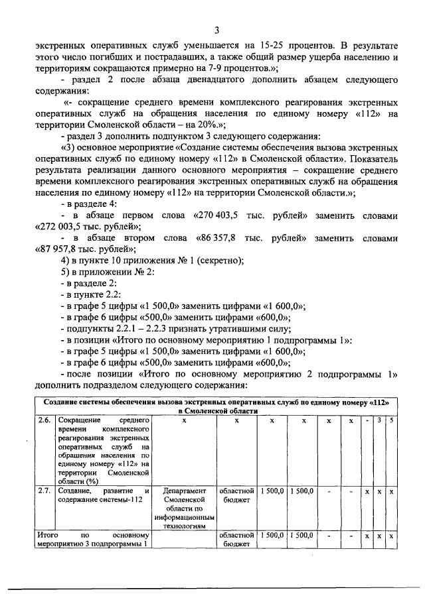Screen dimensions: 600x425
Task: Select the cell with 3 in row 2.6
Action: tap(379, 420)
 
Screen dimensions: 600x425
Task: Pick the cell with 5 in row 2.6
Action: tap(392, 420)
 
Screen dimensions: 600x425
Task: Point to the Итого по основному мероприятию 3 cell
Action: tap(93, 539)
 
